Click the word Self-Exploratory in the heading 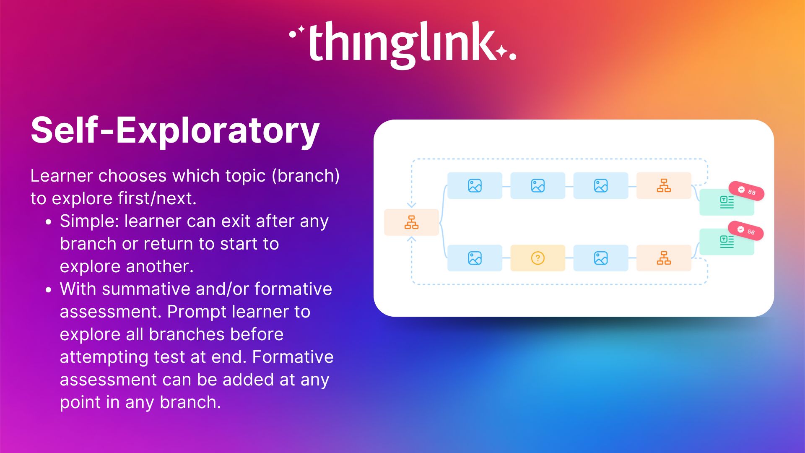tap(175, 130)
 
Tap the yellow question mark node tap(538, 258)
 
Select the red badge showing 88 tap(746, 191)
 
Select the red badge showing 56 tap(745, 231)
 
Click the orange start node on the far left tap(411, 222)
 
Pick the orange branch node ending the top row tap(664, 185)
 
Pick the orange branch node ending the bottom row tap(664, 258)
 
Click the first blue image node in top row tap(475, 185)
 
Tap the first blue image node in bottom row tap(475, 258)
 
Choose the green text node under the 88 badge tap(727, 203)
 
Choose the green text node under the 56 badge tap(727, 242)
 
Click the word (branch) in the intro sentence tap(306, 176)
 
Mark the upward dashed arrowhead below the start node tap(412, 240)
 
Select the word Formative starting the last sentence tap(293, 357)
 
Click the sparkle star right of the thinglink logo tap(501, 51)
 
